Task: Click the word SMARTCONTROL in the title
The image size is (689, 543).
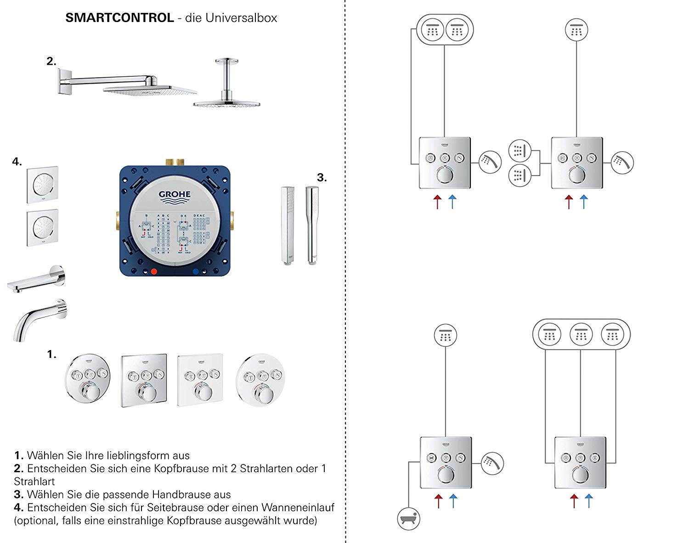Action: (119, 18)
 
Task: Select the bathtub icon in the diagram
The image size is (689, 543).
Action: (408, 519)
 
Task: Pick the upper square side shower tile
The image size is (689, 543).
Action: (42, 185)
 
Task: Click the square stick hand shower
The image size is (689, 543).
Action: (287, 225)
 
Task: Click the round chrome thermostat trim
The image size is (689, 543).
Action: (88, 380)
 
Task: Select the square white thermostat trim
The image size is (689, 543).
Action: (200, 380)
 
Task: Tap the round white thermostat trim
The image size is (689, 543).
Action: (260, 380)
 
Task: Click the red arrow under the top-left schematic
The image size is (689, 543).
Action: (437, 202)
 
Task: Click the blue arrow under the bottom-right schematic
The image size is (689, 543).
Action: (588, 500)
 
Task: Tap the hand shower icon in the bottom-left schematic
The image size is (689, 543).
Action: (492, 463)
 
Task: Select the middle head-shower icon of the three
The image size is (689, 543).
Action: (581, 334)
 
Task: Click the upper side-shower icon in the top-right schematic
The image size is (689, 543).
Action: (520, 150)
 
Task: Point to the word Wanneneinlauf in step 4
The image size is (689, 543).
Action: (298, 508)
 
